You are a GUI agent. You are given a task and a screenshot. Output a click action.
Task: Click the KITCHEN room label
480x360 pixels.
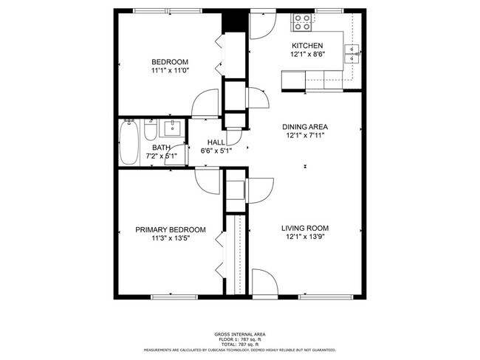tap(306, 46)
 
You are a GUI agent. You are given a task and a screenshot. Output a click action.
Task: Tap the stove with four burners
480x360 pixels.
tap(302, 23)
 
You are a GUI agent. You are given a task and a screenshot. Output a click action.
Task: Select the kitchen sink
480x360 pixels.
tap(352, 51)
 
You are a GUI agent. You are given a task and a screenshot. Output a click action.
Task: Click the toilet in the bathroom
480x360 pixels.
tap(149, 134)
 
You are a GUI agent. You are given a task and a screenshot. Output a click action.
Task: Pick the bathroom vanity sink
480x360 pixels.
tap(171, 129)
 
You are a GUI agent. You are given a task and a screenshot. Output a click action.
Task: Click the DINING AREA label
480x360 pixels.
tap(306, 127)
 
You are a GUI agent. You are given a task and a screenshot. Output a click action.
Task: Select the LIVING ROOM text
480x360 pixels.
tap(305, 228)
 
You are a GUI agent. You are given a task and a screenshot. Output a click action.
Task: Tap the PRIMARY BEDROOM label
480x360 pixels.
tap(170, 229)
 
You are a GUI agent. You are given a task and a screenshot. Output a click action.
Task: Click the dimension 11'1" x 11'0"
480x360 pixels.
tap(170, 70)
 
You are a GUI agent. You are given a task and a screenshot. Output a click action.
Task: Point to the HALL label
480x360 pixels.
tap(216, 142)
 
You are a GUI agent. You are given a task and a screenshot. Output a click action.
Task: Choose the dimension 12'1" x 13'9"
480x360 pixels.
tap(305, 238)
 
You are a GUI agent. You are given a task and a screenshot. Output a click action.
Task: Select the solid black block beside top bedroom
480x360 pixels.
tap(235, 21)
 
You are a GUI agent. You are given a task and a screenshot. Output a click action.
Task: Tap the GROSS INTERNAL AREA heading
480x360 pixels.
tap(240, 334)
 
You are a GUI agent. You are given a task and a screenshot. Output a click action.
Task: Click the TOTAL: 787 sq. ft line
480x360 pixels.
tap(240, 345)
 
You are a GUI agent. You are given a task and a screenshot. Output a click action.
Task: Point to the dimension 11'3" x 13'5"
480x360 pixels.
tap(170, 238)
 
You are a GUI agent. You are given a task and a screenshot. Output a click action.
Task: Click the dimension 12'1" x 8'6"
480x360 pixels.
tap(306, 55)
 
